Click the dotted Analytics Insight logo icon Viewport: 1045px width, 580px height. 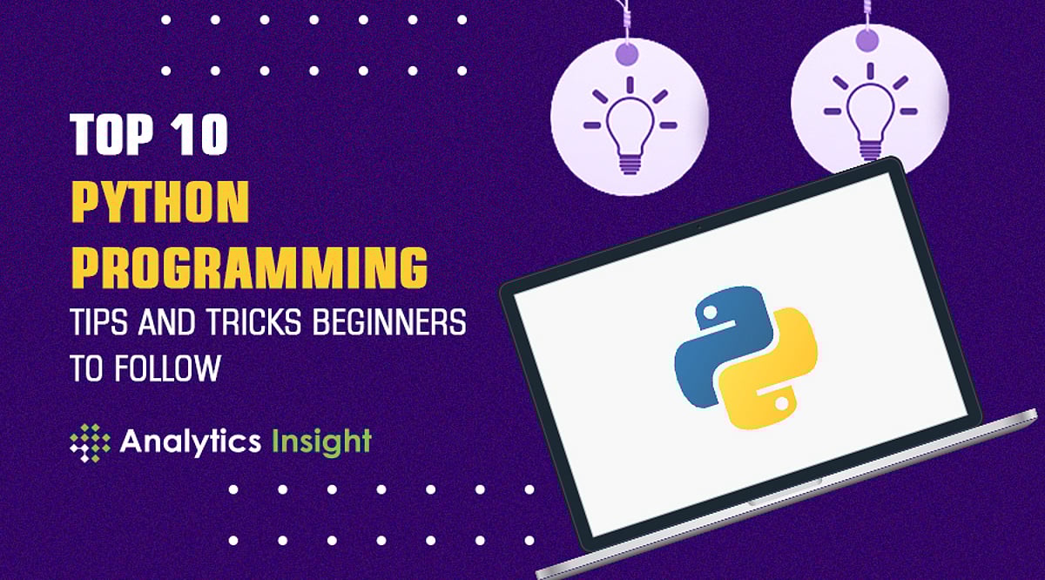[x=90, y=441]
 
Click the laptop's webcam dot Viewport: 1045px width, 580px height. [x=698, y=226]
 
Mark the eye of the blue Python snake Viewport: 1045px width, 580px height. [x=707, y=311]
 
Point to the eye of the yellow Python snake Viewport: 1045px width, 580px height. [x=782, y=402]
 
